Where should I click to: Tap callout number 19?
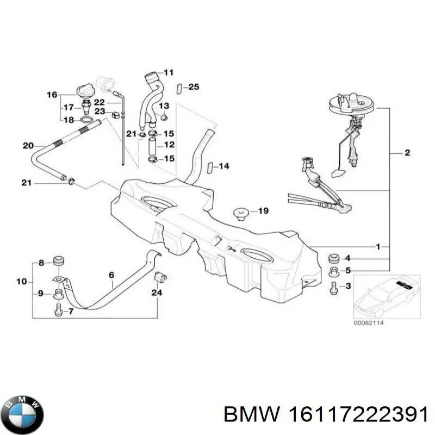263,210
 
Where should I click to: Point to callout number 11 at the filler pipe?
169,72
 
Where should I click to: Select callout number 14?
224,166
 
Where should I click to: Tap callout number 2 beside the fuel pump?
407,153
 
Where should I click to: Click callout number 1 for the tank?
378,246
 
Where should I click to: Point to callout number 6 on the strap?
111,275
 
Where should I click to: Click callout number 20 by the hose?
28,145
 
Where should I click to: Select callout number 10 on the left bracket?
21,282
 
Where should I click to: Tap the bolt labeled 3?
333,288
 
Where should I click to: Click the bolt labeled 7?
58,311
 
